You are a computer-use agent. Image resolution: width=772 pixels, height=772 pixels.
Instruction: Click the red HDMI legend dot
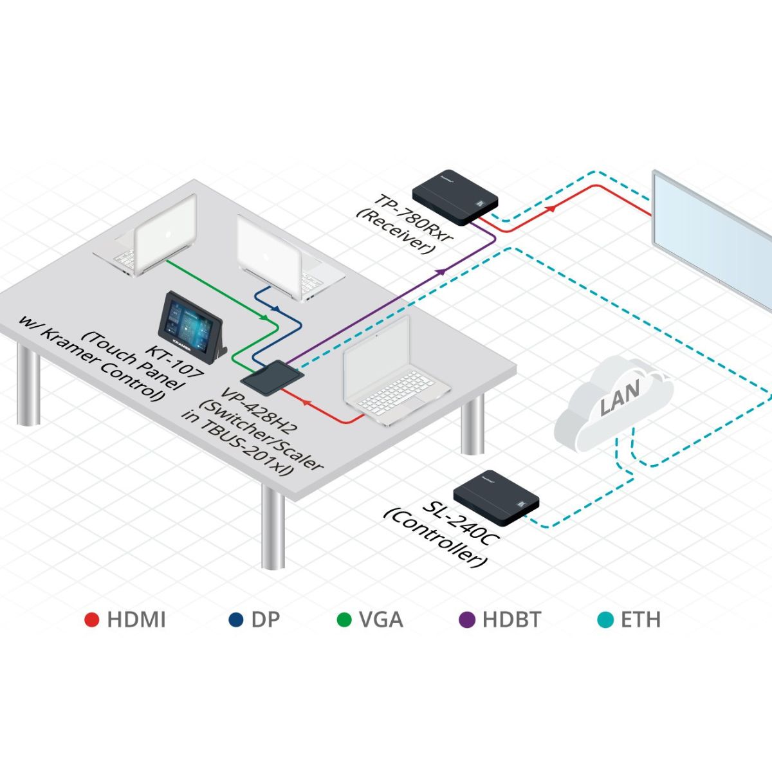point(92,620)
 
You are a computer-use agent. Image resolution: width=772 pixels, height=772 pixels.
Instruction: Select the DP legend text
point(266,620)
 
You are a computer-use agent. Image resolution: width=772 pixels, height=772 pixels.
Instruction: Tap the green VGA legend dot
point(345,620)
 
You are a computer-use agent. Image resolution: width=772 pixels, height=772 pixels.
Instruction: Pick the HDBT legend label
point(511,620)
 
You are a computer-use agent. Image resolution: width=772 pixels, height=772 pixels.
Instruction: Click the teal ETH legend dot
point(605,620)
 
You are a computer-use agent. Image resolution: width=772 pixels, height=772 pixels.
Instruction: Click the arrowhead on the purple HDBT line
point(441,272)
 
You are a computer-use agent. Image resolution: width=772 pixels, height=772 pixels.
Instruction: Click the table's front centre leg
point(273,528)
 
